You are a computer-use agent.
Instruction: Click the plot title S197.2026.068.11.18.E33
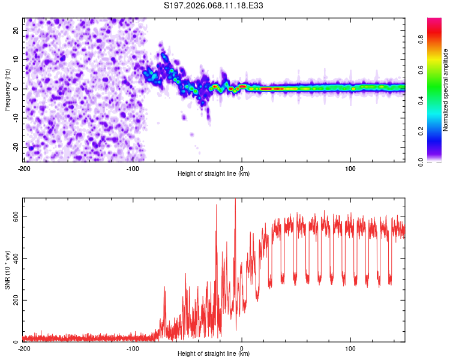[214, 6]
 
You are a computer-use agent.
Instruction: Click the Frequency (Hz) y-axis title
[7, 89]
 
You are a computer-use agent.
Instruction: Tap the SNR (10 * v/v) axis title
[7, 269]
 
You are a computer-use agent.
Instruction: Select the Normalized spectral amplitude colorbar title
[446, 90]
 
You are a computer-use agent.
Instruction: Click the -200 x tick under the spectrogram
[24, 167]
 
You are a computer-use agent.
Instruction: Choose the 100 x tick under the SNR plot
[350, 348]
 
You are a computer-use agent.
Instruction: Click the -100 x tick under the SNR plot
[133, 348]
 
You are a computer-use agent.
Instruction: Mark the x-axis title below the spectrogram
[214, 174]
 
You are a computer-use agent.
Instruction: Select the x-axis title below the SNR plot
[214, 355]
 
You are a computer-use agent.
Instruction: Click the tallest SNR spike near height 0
[235, 200]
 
